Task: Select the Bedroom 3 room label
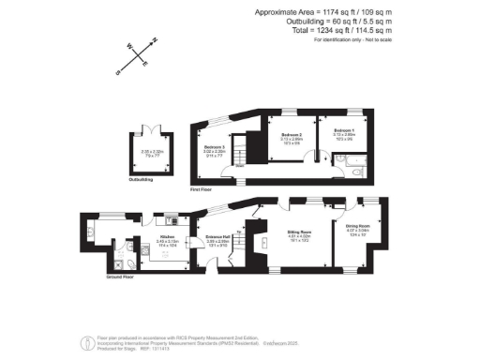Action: (x=214, y=146)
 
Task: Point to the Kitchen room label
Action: (x=168, y=237)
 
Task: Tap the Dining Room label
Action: (x=358, y=225)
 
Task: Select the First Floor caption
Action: (x=201, y=189)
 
